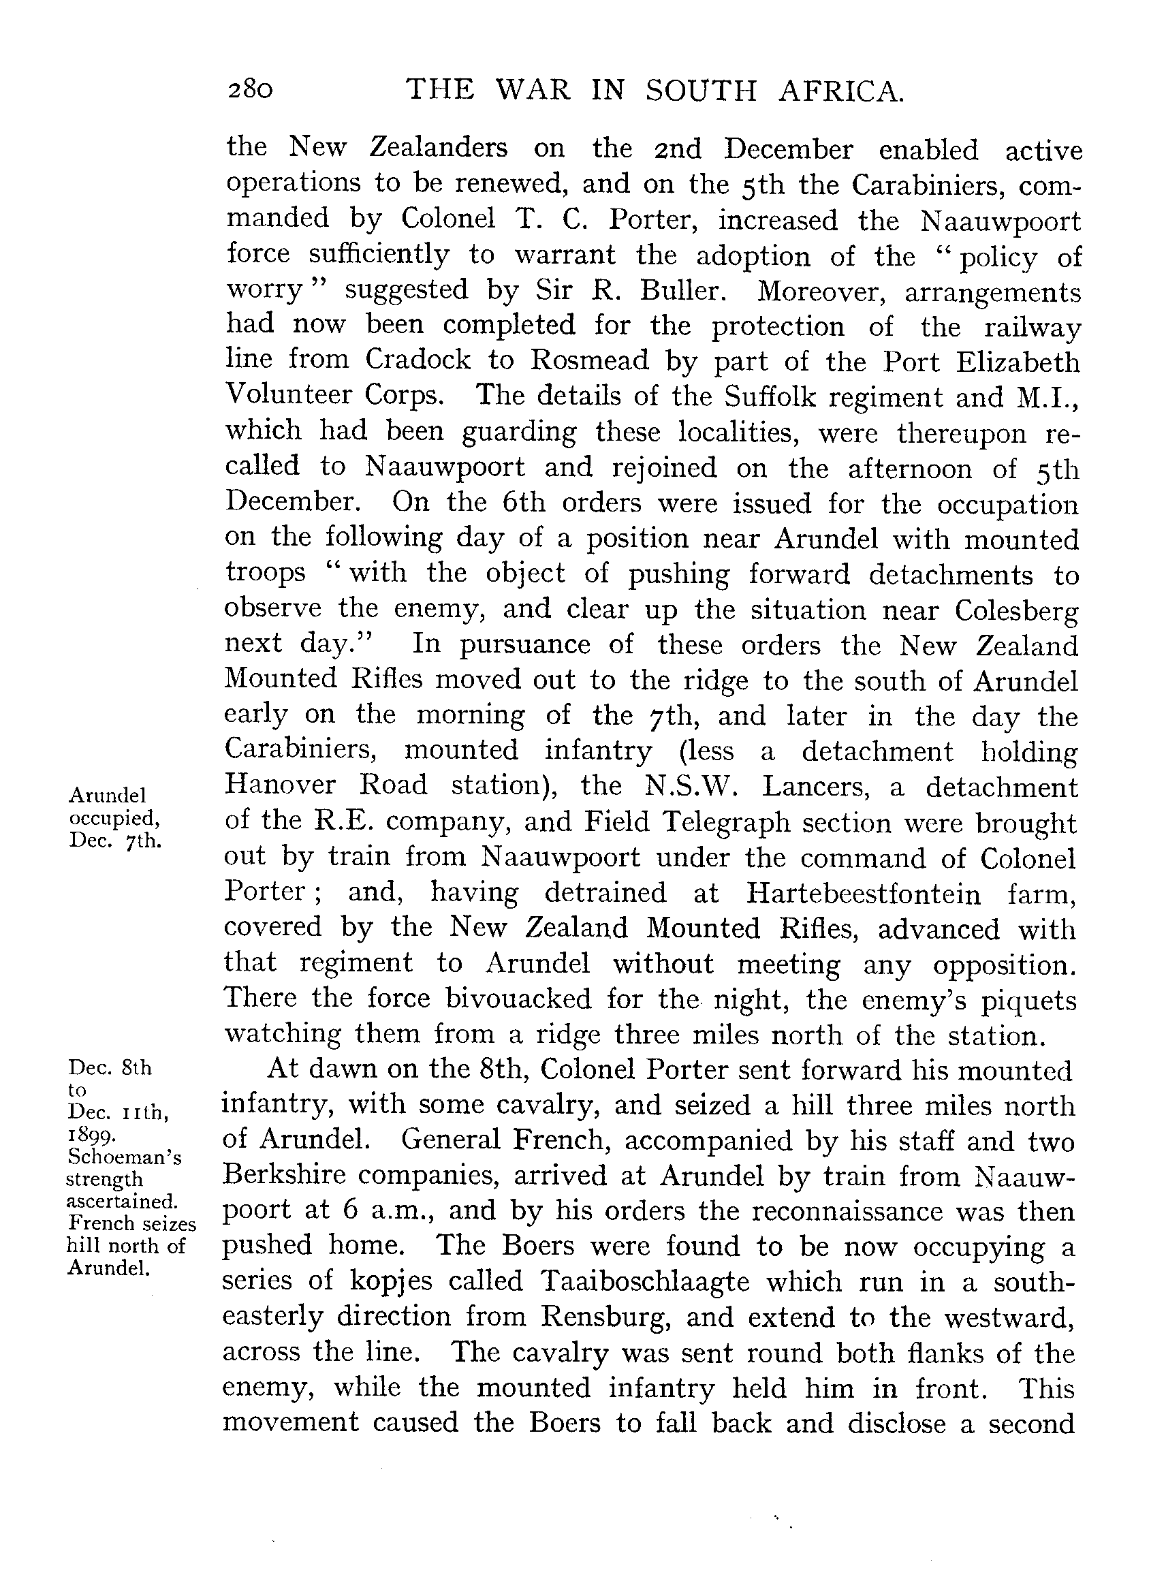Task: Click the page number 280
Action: (x=250, y=91)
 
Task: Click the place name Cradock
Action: (x=418, y=360)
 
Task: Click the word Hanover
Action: (x=277, y=785)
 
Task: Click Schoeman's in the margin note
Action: (x=124, y=1157)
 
